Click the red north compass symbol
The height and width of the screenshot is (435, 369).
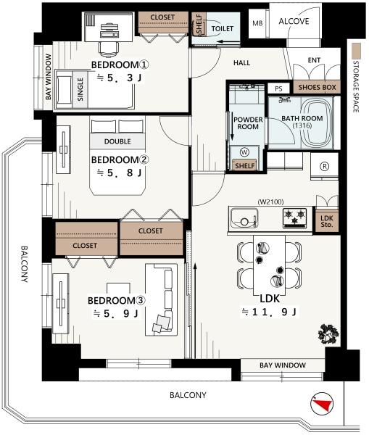tap(322, 404)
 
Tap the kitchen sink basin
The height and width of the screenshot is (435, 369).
tap(244, 217)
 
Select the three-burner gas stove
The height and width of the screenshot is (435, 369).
tap(294, 218)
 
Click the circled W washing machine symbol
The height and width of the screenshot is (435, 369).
tap(244, 152)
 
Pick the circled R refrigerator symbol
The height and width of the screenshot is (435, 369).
tap(324, 166)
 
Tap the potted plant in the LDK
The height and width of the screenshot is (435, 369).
tap(328, 334)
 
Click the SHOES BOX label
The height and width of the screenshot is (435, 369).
tap(317, 88)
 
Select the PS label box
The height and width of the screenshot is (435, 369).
tap(278, 88)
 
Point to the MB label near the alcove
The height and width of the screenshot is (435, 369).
tap(257, 23)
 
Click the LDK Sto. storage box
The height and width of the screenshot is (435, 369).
tap(327, 221)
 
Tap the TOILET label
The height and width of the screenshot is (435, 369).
tap(223, 28)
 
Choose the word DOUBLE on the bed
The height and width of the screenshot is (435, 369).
tap(117, 141)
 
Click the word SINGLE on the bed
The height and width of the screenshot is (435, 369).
tap(80, 89)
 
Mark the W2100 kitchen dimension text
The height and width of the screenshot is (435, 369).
tap(270, 202)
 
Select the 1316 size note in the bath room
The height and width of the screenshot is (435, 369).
tap(302, 125)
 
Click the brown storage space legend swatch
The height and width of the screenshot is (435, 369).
tap(356, 51)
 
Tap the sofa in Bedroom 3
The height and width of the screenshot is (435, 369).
tap(161, 299)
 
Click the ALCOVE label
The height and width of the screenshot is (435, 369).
tap(294, 21)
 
